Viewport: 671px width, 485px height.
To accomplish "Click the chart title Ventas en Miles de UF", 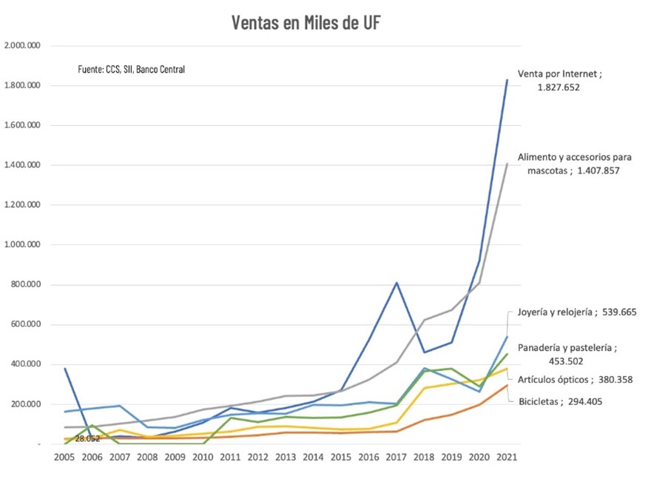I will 306,23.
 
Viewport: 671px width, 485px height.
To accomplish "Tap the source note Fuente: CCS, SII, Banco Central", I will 131,70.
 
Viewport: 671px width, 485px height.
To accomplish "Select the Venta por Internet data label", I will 559,81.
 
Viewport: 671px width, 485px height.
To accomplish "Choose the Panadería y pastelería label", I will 567,354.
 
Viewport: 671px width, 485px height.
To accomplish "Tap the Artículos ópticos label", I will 575,380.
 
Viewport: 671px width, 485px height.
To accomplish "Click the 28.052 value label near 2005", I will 87,438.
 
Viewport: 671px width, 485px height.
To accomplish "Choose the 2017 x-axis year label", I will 397,457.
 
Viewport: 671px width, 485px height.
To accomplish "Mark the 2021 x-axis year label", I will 507,457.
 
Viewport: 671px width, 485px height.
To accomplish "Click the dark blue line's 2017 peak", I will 397,282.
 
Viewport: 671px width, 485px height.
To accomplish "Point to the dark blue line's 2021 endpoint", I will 507,80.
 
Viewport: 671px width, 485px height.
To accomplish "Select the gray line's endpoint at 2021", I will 507,164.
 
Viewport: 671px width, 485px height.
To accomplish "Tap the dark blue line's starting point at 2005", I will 65,368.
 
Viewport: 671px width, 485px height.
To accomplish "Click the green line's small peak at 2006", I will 92,425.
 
